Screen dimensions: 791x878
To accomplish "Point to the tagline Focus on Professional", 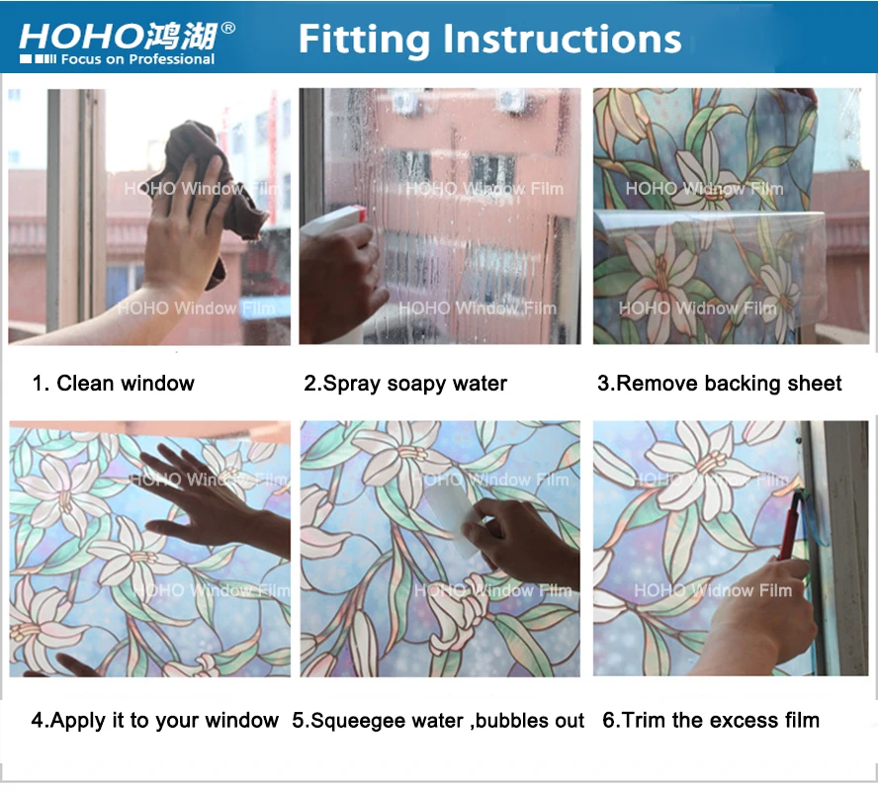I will pyautogui.click(x=136, y=59).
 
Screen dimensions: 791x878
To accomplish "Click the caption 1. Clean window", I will pyautogui.click(x=114, y=384).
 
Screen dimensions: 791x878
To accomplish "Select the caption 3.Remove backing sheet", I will pyautogui.click(x=720, y=384).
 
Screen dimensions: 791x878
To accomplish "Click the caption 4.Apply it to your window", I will pyautogui.click(x=154, y=720).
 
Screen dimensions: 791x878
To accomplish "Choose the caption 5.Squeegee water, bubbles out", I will pyautogui.click(x=438, y=720).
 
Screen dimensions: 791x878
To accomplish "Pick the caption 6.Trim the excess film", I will pyautogui.click(x=711, y=720).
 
